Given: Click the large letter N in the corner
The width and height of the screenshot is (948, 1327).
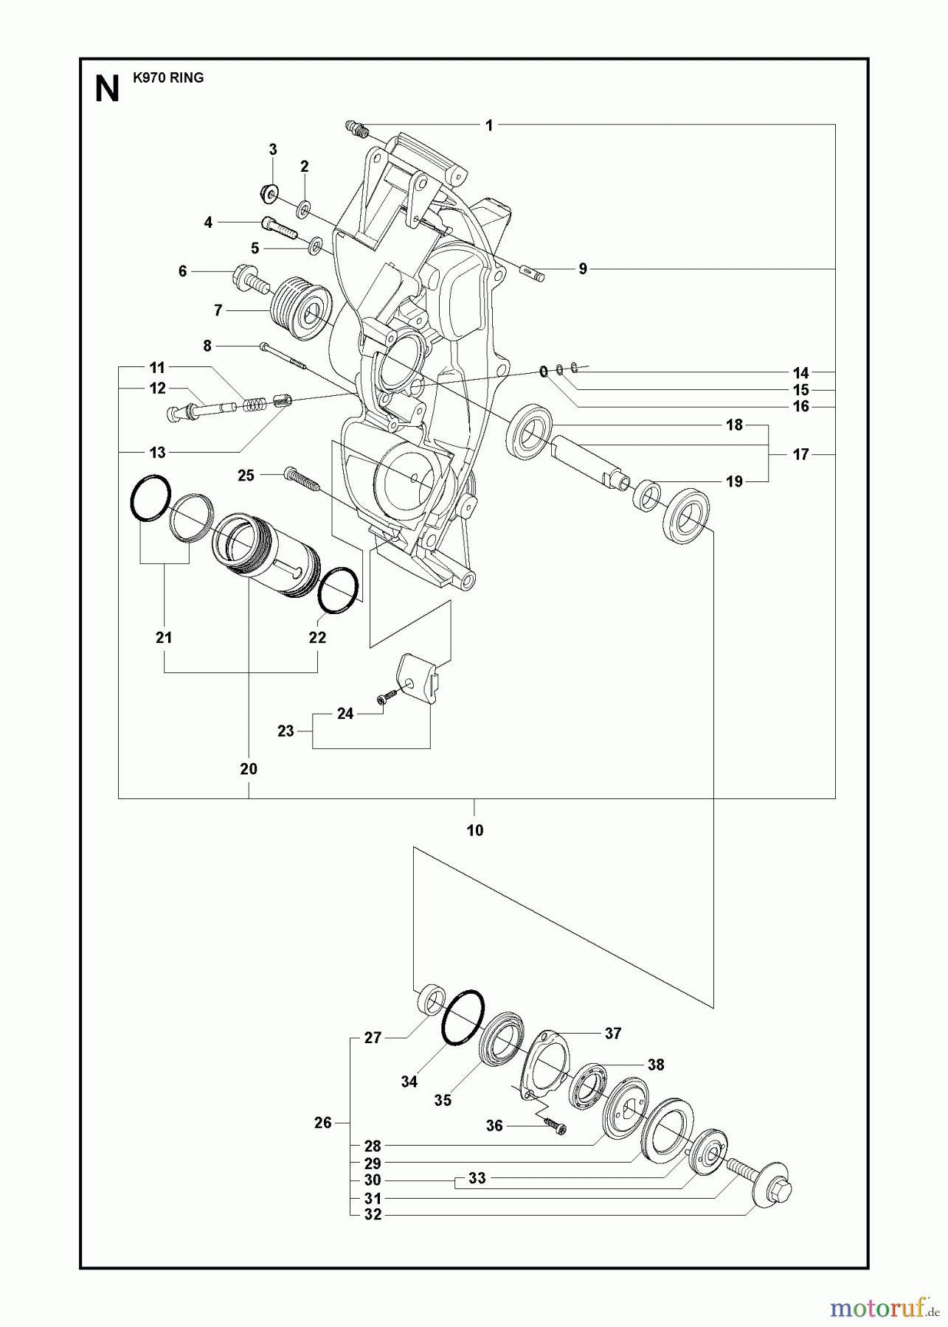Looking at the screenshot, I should pos(108,89).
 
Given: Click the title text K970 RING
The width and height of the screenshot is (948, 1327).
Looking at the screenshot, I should pos(168,77).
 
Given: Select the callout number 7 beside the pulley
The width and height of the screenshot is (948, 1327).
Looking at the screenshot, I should pos(218,311).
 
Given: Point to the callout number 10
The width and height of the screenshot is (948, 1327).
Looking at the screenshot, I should pos(474,830).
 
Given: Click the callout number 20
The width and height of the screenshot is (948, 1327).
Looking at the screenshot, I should pos(249,769).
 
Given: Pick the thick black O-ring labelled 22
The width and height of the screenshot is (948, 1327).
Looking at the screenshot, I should pos(339,590).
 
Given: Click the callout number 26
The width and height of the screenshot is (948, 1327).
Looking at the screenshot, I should pos(323,1123).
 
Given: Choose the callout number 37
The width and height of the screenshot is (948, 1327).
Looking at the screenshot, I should pos(613,1034).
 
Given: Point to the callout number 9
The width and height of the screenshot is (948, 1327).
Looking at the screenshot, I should pos(583,269).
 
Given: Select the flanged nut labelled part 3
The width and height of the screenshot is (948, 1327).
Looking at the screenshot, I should pos(269,193).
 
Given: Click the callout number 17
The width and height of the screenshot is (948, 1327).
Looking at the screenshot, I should pos(801,454).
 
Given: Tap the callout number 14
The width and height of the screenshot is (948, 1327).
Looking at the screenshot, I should pos(801,373).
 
